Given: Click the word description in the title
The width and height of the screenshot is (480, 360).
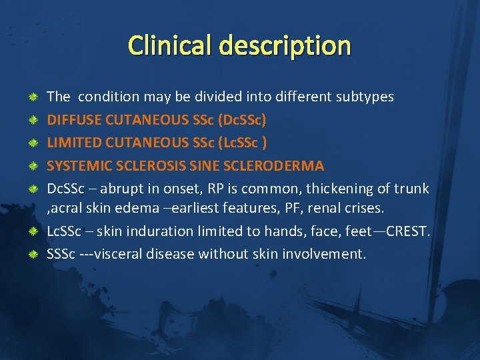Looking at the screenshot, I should pos(282,46).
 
